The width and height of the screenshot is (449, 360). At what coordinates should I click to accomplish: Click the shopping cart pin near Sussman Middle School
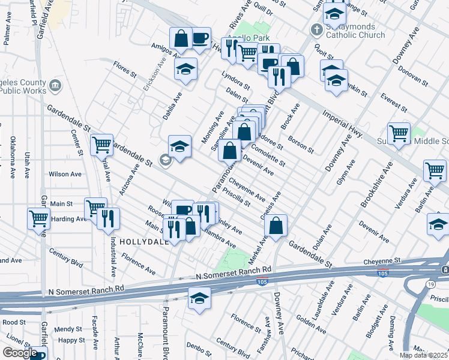(x=399, y=134)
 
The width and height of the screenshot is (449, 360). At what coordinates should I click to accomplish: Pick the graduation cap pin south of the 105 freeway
(x=199, y=298)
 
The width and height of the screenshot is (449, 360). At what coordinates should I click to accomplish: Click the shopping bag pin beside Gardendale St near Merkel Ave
(x=276, y=226)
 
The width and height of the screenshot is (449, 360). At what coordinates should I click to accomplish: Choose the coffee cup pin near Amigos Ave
(x=200, y=39)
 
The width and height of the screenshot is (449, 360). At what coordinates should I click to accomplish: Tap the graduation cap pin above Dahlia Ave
(x=186, y=68)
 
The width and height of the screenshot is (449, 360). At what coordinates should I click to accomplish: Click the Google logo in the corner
(x=19, y=353)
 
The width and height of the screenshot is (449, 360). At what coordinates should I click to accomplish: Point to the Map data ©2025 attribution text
(x=423, y=355)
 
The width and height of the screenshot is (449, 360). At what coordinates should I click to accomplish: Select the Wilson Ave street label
(x=65, y=174)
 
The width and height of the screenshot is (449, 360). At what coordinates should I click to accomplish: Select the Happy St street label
(x=71, y=340)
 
